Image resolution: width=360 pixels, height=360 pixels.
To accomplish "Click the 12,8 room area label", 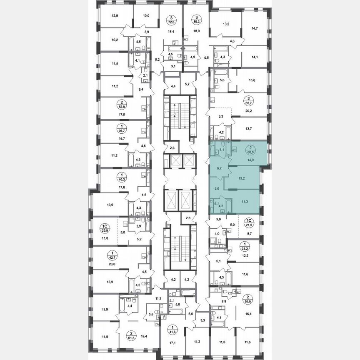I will coord(115,16).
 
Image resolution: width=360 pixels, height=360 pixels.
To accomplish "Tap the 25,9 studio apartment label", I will coord(105,229).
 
